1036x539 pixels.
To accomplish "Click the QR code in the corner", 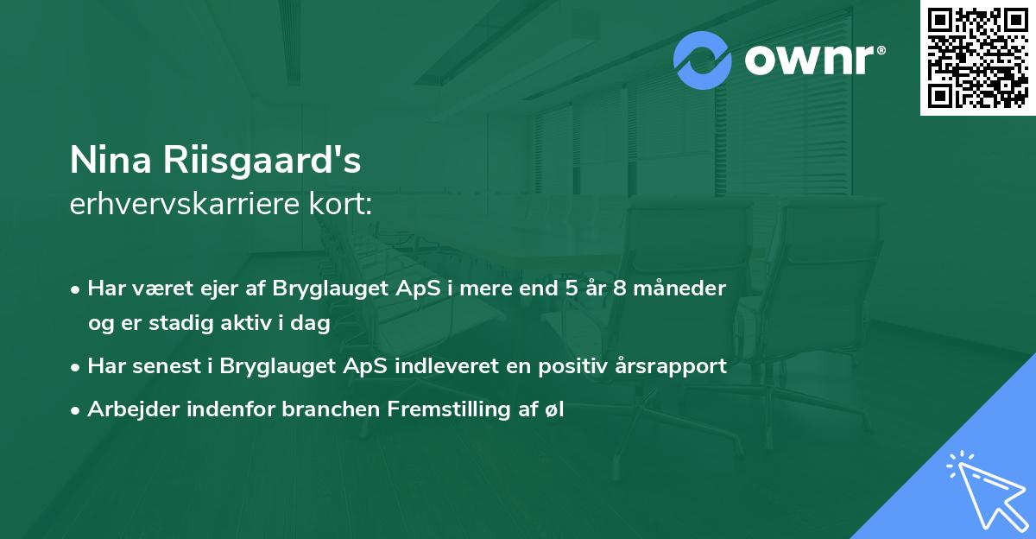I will click(978, 57).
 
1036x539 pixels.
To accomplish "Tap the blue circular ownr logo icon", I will click(703, 60).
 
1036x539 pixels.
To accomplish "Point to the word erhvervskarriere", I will click(174, 205).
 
